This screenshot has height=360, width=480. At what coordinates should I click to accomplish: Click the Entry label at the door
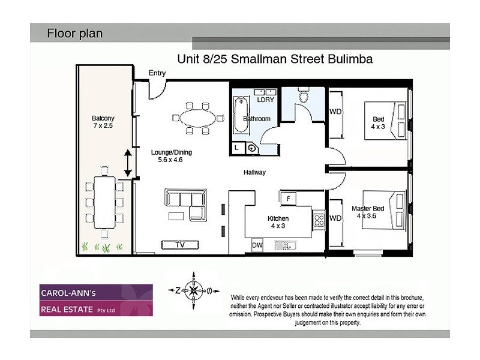pos(157,73)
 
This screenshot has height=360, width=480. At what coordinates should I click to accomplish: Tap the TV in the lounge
pos(180,245)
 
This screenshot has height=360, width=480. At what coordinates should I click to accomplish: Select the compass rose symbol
pos(194,289)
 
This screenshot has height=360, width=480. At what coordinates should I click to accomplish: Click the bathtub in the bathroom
pos(238,118)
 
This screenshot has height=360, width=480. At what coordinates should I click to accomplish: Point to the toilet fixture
pos(304,96)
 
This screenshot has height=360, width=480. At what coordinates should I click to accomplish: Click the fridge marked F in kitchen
pos(288,199)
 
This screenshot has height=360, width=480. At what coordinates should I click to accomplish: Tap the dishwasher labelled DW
pos(257,245)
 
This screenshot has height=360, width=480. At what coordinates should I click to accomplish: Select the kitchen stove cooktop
pos(319,220)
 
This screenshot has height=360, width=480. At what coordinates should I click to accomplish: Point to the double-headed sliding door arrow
pos(128,163)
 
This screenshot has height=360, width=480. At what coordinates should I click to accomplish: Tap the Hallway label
pos(254,172)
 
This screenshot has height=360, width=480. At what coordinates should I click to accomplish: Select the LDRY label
pos(265,100)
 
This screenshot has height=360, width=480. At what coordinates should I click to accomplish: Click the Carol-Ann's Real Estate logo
pos(96,300)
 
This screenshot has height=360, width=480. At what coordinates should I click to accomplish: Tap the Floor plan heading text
pos(75,34)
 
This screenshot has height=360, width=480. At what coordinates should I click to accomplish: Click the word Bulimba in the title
pos(350,59)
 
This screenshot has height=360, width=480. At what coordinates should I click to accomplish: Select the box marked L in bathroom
pos(238,147)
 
